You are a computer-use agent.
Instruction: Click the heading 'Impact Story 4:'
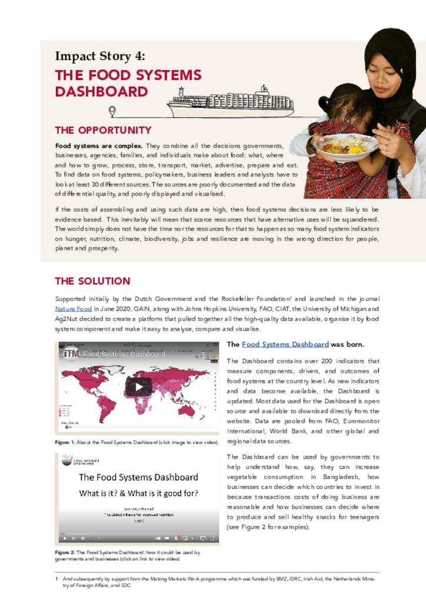pyautogui.click(x=99, y=56)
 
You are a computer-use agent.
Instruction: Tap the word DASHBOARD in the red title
pyautogui.click(x=101, y=92)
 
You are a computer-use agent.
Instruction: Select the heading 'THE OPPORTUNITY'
pyautogui.click(x=103, y=130)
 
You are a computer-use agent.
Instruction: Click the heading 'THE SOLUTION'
pyautogui.click(x=92, y=281)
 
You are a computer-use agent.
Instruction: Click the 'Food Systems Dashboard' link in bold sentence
pyautogui.click(x=285, y=345)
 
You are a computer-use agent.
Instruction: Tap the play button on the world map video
pyautogui.click(x=139, y=386)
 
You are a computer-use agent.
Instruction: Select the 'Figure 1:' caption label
pyautogui.click(x=62, y=442)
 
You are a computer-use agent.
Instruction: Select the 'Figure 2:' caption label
pyautogui.click(x=62, y=553)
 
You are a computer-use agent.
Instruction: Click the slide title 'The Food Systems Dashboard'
pyautogui.click(x=138, y=477)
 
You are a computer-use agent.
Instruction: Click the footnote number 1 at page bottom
pyautogui.click(x=57, y=579)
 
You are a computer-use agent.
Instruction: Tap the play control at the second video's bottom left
pyautogui.click(x=64, y=538)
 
